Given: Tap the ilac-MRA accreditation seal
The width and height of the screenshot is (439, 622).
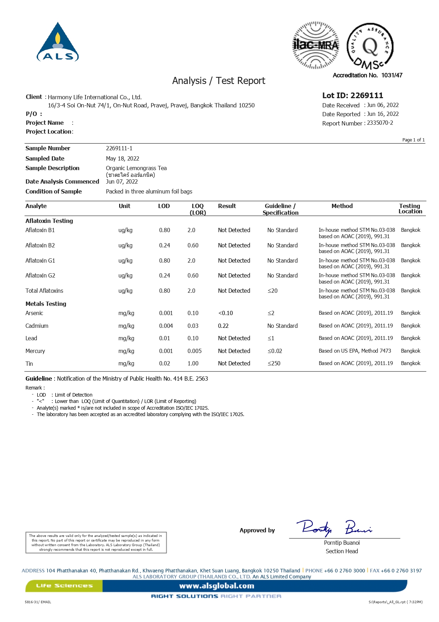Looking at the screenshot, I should point(315,45).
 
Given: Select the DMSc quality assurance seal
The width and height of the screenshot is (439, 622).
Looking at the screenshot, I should point(370,46).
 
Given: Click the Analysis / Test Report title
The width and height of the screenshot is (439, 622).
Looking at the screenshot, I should point(218,81).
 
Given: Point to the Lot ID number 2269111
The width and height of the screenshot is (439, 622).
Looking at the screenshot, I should point(367,95).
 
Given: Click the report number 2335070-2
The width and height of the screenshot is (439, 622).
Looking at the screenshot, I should point(380,123).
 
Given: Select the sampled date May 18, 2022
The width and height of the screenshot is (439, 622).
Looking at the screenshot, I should point(122,158).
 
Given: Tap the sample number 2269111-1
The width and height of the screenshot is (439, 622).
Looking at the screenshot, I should point(119,148).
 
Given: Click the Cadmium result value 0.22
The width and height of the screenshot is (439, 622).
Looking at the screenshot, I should point(223,326).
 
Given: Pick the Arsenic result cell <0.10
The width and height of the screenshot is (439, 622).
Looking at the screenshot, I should point(226,313).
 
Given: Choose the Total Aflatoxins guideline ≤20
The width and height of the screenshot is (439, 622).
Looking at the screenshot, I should point(272,291).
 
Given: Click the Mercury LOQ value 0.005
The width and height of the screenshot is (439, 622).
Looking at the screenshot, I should point(194,351).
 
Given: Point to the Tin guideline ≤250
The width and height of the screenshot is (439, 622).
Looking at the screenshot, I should point(274,363).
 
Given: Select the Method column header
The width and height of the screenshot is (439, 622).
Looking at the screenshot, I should point(342,206).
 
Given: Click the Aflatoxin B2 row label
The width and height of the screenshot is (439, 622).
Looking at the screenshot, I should point(40,245).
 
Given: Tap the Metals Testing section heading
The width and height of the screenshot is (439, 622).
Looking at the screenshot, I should point(46,304).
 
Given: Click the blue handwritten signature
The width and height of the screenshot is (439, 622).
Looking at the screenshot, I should point(333,527).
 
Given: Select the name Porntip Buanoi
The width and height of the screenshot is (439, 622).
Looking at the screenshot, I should point(341,543).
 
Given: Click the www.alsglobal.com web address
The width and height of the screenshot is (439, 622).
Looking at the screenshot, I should point(216,586).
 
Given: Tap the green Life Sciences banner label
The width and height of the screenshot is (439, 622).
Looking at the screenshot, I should point(64,585).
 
